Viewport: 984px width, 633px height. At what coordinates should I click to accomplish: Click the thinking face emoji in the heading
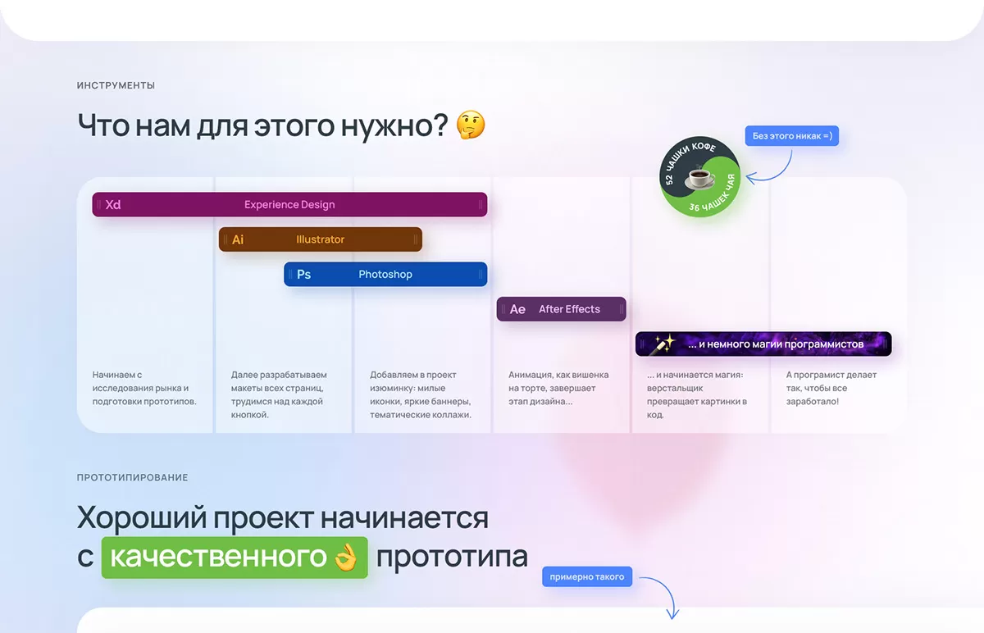click(471, 125)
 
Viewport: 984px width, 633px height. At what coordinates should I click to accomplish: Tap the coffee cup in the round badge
click(700, 177)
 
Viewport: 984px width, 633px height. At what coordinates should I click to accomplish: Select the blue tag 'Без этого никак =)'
click(791, 136)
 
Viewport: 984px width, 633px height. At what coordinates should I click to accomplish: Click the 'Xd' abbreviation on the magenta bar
click(113, 205)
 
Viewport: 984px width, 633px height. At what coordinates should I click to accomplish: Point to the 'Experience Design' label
click(289, 205)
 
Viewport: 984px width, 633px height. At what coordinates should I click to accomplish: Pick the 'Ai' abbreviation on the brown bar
click(238, 239)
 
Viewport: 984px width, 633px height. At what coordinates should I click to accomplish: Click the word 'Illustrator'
click(321, 239)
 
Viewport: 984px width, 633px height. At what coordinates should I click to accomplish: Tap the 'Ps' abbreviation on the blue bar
click(303, 274)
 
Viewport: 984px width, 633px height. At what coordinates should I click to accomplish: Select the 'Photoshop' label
click(385, 274)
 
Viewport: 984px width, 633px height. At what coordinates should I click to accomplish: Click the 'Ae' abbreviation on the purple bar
click(517, 309)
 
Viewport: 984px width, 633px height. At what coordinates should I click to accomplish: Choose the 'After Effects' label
click(569, 309)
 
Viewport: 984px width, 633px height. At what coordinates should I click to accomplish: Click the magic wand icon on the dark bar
click(663, 344)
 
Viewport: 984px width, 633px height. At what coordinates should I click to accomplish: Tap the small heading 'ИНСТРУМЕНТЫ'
click(116, 85)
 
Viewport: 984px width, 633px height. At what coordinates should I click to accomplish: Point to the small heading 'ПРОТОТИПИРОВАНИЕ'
click(132, 477)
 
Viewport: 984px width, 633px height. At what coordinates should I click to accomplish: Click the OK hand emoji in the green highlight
click(346, 557)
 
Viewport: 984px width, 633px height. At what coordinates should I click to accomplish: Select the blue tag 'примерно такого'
click(587, 576)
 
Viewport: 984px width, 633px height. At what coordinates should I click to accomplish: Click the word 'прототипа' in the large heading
click(452, 557)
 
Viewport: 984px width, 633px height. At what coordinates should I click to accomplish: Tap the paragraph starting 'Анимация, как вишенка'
click(558, 388)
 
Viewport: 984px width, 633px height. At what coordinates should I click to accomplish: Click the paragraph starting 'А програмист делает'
click(831, 388)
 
